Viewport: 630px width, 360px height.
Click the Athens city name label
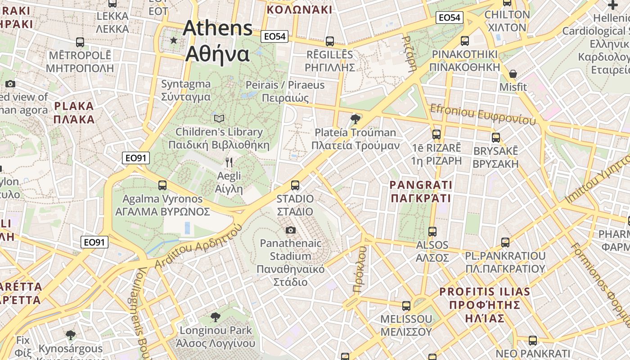point(218,41)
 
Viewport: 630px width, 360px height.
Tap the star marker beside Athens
point(174,40)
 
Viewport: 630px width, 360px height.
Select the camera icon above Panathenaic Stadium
point(291,230)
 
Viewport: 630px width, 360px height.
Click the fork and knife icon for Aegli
point(229,162)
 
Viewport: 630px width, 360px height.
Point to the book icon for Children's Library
point(219,118)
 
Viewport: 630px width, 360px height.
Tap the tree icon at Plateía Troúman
point(355,119)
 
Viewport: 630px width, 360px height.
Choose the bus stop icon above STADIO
point(295,185)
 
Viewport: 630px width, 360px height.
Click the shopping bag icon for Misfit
point(513,74)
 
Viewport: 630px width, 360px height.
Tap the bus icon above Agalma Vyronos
point(162,185)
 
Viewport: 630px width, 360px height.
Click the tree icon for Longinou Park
point(216,317)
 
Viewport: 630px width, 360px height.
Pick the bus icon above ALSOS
point(432,232)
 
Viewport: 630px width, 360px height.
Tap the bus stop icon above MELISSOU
point(406,306)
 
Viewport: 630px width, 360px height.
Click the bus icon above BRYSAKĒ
point(496,138)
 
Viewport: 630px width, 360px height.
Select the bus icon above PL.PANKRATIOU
point(505,243)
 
